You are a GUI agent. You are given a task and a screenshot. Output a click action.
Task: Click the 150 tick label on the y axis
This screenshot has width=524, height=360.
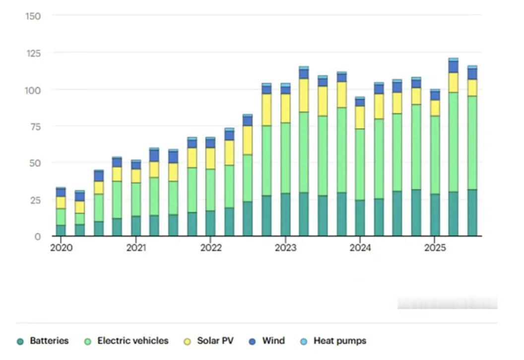(33, 16)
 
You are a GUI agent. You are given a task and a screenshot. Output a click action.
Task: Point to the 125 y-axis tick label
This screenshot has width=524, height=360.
(33, 53)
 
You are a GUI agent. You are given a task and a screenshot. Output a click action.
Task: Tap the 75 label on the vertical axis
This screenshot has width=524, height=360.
(35, 126)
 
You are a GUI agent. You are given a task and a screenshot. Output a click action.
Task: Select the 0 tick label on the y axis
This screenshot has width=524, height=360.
(37, 236)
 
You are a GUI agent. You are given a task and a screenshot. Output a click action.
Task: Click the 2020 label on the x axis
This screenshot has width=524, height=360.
(61, 248)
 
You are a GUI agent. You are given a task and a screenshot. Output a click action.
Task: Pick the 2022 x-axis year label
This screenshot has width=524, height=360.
(211, 248)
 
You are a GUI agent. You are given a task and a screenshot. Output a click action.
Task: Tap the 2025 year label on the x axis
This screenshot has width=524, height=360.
(435, 248)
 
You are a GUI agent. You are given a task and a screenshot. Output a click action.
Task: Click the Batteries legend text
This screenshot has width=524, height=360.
(49, 341)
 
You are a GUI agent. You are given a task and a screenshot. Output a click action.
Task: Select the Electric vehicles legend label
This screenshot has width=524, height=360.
(132, 341)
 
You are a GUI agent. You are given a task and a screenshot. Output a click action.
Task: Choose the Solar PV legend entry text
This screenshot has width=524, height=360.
(215, 341)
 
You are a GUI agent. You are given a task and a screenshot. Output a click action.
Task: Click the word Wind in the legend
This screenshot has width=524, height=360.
(273, 341)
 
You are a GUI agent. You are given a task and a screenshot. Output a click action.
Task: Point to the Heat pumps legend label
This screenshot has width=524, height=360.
(339, 341)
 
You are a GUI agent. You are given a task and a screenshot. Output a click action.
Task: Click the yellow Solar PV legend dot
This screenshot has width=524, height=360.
(188, 342)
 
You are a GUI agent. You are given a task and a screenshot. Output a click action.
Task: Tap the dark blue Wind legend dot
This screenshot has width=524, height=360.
(252, 342)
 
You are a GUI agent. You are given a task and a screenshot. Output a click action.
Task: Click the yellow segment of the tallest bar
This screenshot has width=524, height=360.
(453, 82)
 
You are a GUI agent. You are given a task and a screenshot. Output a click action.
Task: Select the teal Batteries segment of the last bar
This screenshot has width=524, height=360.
(472, 213)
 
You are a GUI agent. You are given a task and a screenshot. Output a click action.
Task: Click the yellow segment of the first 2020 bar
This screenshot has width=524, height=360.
(61, 203)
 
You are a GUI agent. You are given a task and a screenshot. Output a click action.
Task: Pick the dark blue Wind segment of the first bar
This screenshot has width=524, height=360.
(61, 192)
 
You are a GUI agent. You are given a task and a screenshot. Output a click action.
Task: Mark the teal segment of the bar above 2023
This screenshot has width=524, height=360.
(285, 215)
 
